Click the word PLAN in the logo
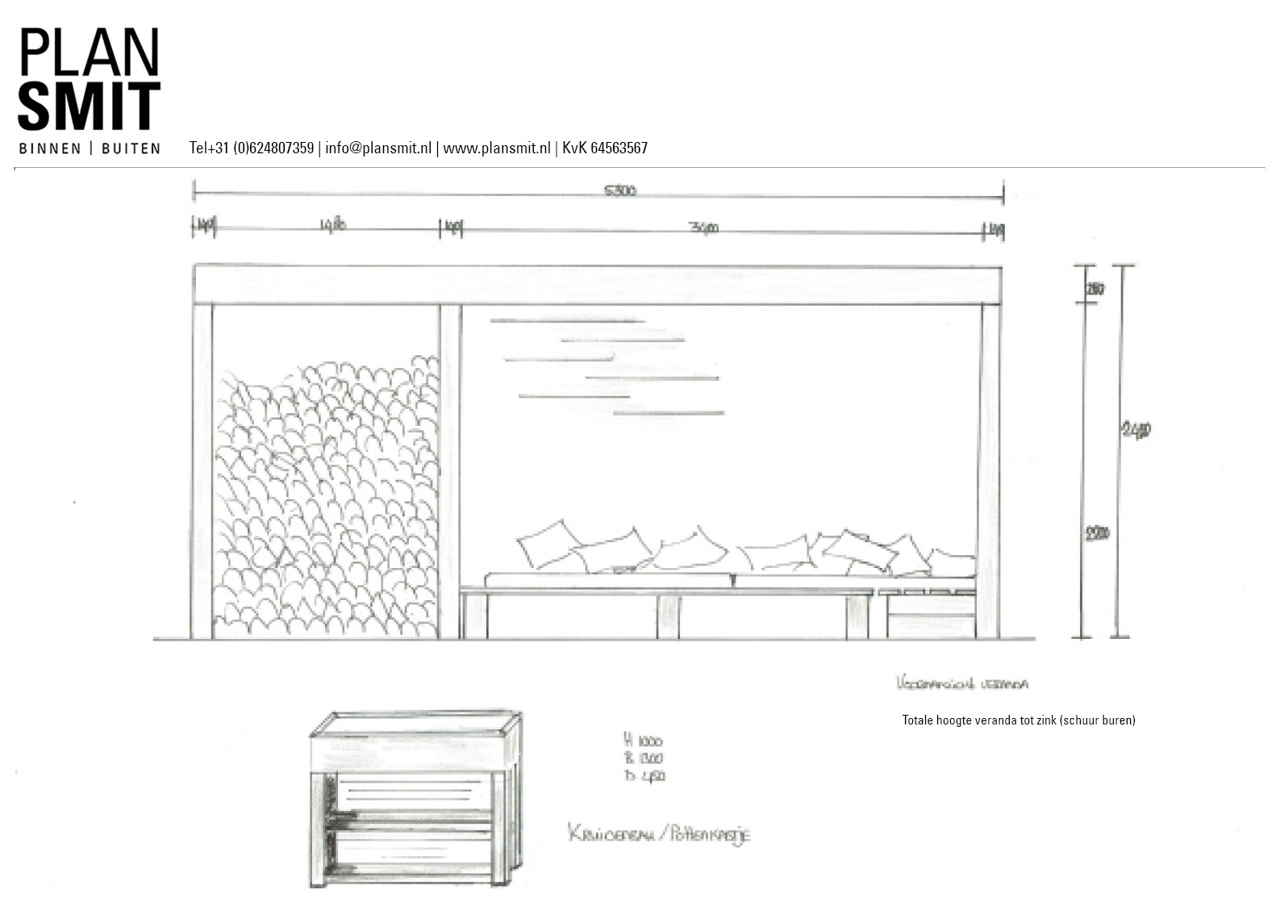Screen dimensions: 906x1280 point(89,52)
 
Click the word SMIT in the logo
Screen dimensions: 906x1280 point(89,106)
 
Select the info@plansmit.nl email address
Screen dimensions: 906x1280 point(378,148)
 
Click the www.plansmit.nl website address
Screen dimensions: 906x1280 point(496,148)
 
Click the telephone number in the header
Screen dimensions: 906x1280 point(252,148)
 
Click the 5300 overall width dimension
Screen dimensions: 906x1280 point(619,191)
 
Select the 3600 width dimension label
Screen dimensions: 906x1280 point(704,228)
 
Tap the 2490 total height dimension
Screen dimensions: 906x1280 point(1136,430)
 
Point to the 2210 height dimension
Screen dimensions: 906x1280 point(1097,533)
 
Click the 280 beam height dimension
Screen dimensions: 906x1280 point(1095,288)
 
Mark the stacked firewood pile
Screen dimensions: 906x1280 point(326,496)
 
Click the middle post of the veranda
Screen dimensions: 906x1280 point(450,472)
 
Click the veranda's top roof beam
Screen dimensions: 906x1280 point(597,285)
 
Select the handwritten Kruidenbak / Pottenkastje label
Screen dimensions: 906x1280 point(659,833)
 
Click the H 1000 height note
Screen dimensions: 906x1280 point(644,741)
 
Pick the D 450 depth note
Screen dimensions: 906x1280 point(644,776)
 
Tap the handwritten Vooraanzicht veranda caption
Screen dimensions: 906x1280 point(961,684)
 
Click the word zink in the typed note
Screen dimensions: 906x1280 point(1045,720)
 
